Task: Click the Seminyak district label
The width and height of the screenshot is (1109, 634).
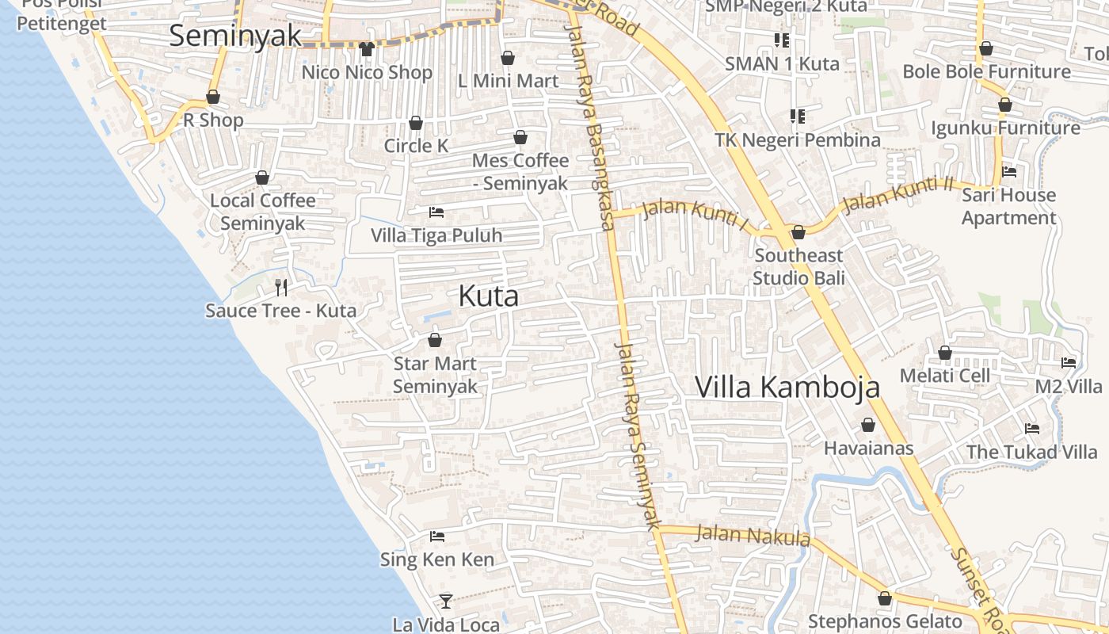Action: [235, 36]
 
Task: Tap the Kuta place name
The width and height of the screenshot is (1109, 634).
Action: [489, 296]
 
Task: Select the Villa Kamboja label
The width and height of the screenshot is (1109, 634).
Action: [787, 387]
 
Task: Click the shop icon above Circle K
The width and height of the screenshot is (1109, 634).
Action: [415, 123]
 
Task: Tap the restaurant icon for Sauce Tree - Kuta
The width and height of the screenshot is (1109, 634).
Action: [280, 286]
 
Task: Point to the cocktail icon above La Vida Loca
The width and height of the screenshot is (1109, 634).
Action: [446, 602]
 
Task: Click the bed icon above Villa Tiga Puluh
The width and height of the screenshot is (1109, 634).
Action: [436, 212]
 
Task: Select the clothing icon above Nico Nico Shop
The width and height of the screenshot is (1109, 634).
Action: [366, 49]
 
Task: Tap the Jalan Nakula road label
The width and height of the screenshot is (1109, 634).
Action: [753, 537]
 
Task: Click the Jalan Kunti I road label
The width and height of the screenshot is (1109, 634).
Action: [696, 214]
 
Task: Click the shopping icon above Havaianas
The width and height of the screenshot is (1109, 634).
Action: [868, 425]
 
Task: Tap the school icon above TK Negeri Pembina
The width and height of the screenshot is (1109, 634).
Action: [797, 117]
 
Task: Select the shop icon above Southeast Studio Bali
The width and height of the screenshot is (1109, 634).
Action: [798, 232]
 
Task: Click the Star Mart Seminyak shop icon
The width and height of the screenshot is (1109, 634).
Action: [434, 341]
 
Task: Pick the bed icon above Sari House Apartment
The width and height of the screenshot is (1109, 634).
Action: [1009, 171]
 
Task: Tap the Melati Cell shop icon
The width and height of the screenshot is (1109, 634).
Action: [944, 353]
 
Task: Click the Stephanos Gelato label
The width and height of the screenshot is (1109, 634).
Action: [885, 621]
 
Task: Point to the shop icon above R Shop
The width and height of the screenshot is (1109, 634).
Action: [213, 97]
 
